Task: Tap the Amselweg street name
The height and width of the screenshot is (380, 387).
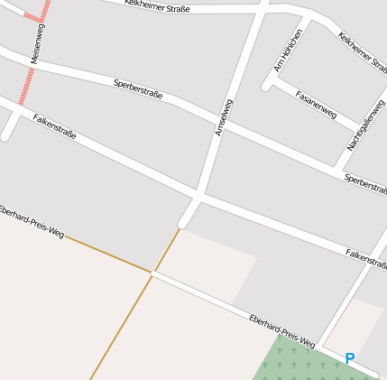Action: [223, 117]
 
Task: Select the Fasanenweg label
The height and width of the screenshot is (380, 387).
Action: [316, 105]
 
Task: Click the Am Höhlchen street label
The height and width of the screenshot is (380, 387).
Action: [288, 50]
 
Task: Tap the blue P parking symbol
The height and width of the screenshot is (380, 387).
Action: [350, 358]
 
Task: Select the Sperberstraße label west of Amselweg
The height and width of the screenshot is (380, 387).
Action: [138, 88]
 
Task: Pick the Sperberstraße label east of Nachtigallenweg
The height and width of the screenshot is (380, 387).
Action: [365, 181]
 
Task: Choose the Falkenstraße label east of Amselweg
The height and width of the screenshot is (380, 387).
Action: [365, 257]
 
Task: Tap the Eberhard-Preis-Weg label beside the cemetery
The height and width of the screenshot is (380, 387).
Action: [281, 329]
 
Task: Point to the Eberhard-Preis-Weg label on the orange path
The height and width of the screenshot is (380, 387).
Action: [32, 221]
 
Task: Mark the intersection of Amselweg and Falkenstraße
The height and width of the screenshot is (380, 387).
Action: [198, 194]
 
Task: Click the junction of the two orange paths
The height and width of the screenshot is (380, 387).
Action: [153, 272]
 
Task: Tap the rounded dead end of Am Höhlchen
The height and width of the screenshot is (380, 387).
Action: [267, 87]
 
